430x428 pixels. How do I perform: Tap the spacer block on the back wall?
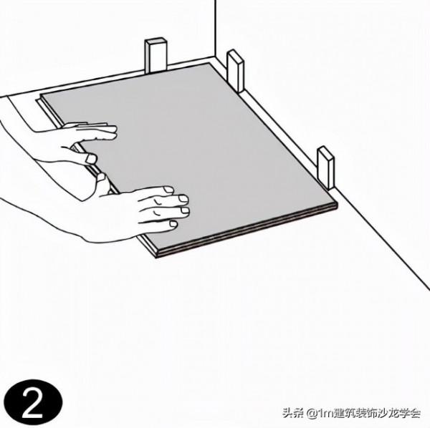pyautogui.click(x=156, y=56)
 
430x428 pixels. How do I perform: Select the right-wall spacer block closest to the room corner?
pyautogui.click(x=235, y=70)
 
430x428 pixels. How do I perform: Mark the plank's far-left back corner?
pyautogui.click(x=42, y=95)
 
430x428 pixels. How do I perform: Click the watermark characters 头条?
pyautogui.click(x=292, y=413)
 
